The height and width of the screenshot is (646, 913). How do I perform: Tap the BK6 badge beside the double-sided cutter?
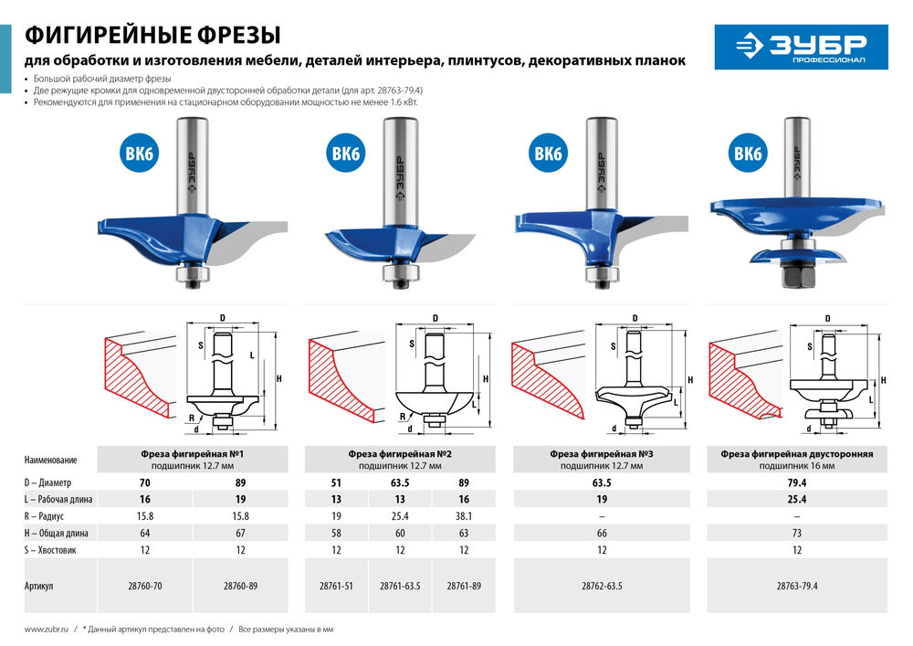(x=747, y=154)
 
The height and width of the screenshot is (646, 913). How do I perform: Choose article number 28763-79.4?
(x=796, y=586)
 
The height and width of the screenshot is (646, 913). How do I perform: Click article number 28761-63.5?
(x=400, y=586)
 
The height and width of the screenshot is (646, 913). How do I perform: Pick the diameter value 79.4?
(x=796, y=482)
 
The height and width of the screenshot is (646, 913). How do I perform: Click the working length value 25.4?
(x=796, y=499)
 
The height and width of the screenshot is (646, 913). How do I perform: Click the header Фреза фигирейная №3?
(x=600, y=453)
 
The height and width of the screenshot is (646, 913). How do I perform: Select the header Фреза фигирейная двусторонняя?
(x=796, y=453)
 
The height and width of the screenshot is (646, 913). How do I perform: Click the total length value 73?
(x=796, y=532)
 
